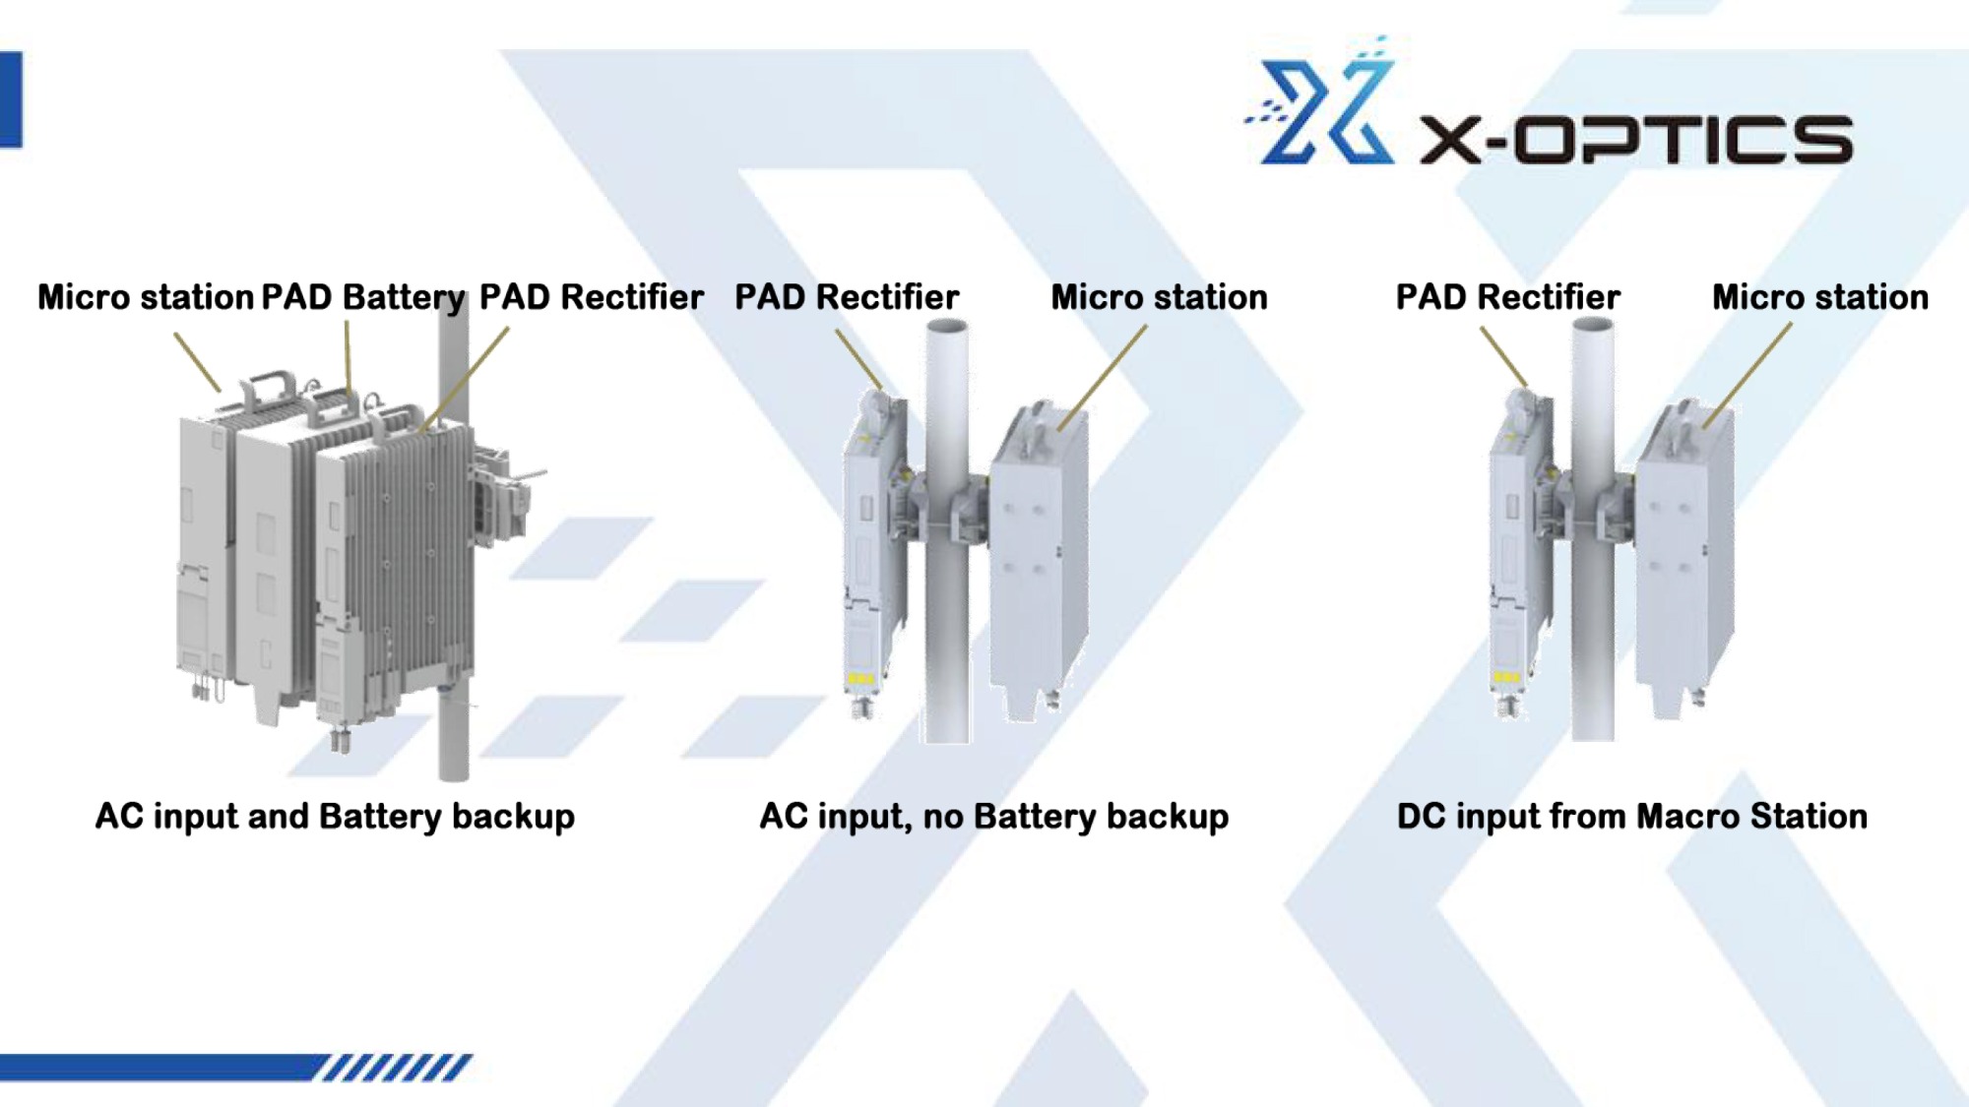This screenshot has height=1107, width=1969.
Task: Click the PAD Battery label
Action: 363,297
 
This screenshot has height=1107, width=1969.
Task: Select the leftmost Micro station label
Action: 146,297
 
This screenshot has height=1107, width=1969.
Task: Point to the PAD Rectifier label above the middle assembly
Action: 847,297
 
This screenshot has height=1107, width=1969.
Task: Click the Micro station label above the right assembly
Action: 1820,297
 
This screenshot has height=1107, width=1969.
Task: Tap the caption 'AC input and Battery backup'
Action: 335,817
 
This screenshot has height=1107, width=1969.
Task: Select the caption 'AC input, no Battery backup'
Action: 994,817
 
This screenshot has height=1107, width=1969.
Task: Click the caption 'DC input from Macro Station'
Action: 1632,817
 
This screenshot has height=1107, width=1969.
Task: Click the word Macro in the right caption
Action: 1680,817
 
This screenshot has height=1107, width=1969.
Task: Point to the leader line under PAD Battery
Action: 348,359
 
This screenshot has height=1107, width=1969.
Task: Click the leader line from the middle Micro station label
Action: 1103,378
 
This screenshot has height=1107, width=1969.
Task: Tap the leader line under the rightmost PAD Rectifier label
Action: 1504,357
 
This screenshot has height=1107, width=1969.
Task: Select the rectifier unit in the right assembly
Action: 1522,551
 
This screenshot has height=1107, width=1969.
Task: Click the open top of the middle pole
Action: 946,326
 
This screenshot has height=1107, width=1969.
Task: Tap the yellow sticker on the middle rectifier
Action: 859,679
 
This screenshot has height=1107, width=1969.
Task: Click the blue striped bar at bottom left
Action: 236,1067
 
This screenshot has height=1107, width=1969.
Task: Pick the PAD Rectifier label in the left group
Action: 592,297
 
